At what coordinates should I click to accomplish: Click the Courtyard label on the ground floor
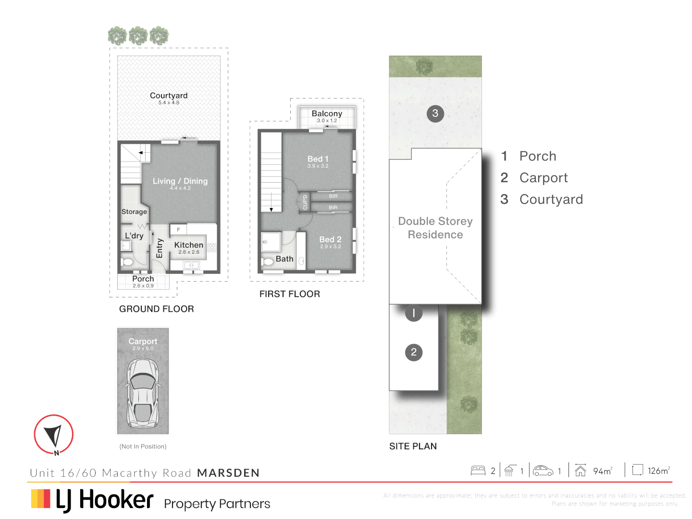point(169,96)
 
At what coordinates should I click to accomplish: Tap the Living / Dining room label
point(180,181)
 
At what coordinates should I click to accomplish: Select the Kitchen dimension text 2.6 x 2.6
point(188,252)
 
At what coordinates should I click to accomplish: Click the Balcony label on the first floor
point(327,113)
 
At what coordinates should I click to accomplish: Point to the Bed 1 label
point(318,159)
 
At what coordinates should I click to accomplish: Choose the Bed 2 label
point(330,239)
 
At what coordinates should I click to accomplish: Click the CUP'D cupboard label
point(305,202)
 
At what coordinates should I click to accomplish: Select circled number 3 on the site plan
point(435,113)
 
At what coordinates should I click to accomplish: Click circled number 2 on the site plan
point(413,352)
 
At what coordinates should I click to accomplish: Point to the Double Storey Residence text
point(435,228)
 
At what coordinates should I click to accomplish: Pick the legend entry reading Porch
point(537,156)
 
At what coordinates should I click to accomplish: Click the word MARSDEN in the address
point(228,473)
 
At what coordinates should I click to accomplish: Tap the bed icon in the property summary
point(478,470)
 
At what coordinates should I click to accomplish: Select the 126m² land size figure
point(658,470)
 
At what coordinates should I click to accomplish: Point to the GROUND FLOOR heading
point(157,309)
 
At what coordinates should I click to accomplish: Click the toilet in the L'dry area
point(127,262)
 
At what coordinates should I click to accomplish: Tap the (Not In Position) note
point(143,446)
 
